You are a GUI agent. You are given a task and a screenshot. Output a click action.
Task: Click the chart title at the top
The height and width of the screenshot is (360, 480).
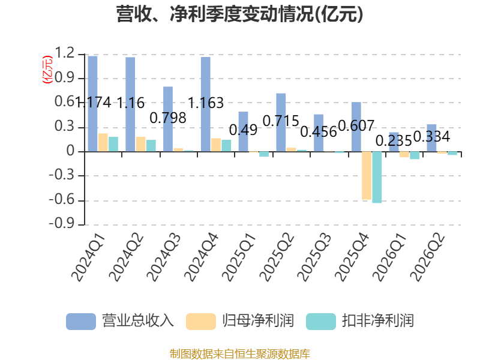(x=239, y=14)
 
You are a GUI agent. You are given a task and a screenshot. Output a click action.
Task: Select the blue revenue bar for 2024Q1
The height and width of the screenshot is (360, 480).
(x=93, y=104)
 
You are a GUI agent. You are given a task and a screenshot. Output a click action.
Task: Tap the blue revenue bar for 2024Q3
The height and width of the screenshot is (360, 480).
(x=168, y=119)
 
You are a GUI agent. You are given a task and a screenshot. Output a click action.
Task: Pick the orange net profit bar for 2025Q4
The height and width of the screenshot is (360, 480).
(x=367, y=175)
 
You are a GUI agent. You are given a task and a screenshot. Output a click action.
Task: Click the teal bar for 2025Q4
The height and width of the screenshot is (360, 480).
(x=377, y=177)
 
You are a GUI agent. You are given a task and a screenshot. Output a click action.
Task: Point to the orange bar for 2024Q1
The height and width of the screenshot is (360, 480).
(x=103, y=142)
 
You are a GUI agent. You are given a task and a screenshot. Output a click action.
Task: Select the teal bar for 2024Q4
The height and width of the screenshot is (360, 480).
(x=226, y=146)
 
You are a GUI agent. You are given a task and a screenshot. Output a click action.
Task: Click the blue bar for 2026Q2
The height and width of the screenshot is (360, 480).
(x=431, y=138)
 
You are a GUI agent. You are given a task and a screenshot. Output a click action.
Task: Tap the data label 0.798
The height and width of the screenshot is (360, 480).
(x=168, y=118)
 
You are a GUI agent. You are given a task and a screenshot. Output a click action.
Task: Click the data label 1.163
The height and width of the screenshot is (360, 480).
(x=205, y=103)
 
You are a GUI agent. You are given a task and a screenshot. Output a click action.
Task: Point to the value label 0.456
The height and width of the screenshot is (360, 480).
(x=319, y=132)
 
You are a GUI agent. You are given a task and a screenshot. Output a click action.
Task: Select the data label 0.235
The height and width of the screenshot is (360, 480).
(x=394, y=141)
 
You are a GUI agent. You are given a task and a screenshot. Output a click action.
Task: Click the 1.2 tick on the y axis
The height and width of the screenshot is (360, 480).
(x=65, y=53)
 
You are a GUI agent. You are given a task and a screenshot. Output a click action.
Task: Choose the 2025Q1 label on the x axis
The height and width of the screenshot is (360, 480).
(x=239, y=257)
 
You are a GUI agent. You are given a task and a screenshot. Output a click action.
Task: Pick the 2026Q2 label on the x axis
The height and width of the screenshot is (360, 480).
(x=427, y=257)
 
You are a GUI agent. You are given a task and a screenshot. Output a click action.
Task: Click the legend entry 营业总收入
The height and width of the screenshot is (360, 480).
(x=120, y=321)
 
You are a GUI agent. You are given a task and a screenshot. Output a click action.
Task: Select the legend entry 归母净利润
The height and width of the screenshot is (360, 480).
(x=240, y=321)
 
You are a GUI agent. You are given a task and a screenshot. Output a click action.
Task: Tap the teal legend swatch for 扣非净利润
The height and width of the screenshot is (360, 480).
(x=321, y=322)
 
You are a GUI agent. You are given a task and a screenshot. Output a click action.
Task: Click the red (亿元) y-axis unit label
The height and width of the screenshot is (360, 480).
(x=47, y=70)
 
